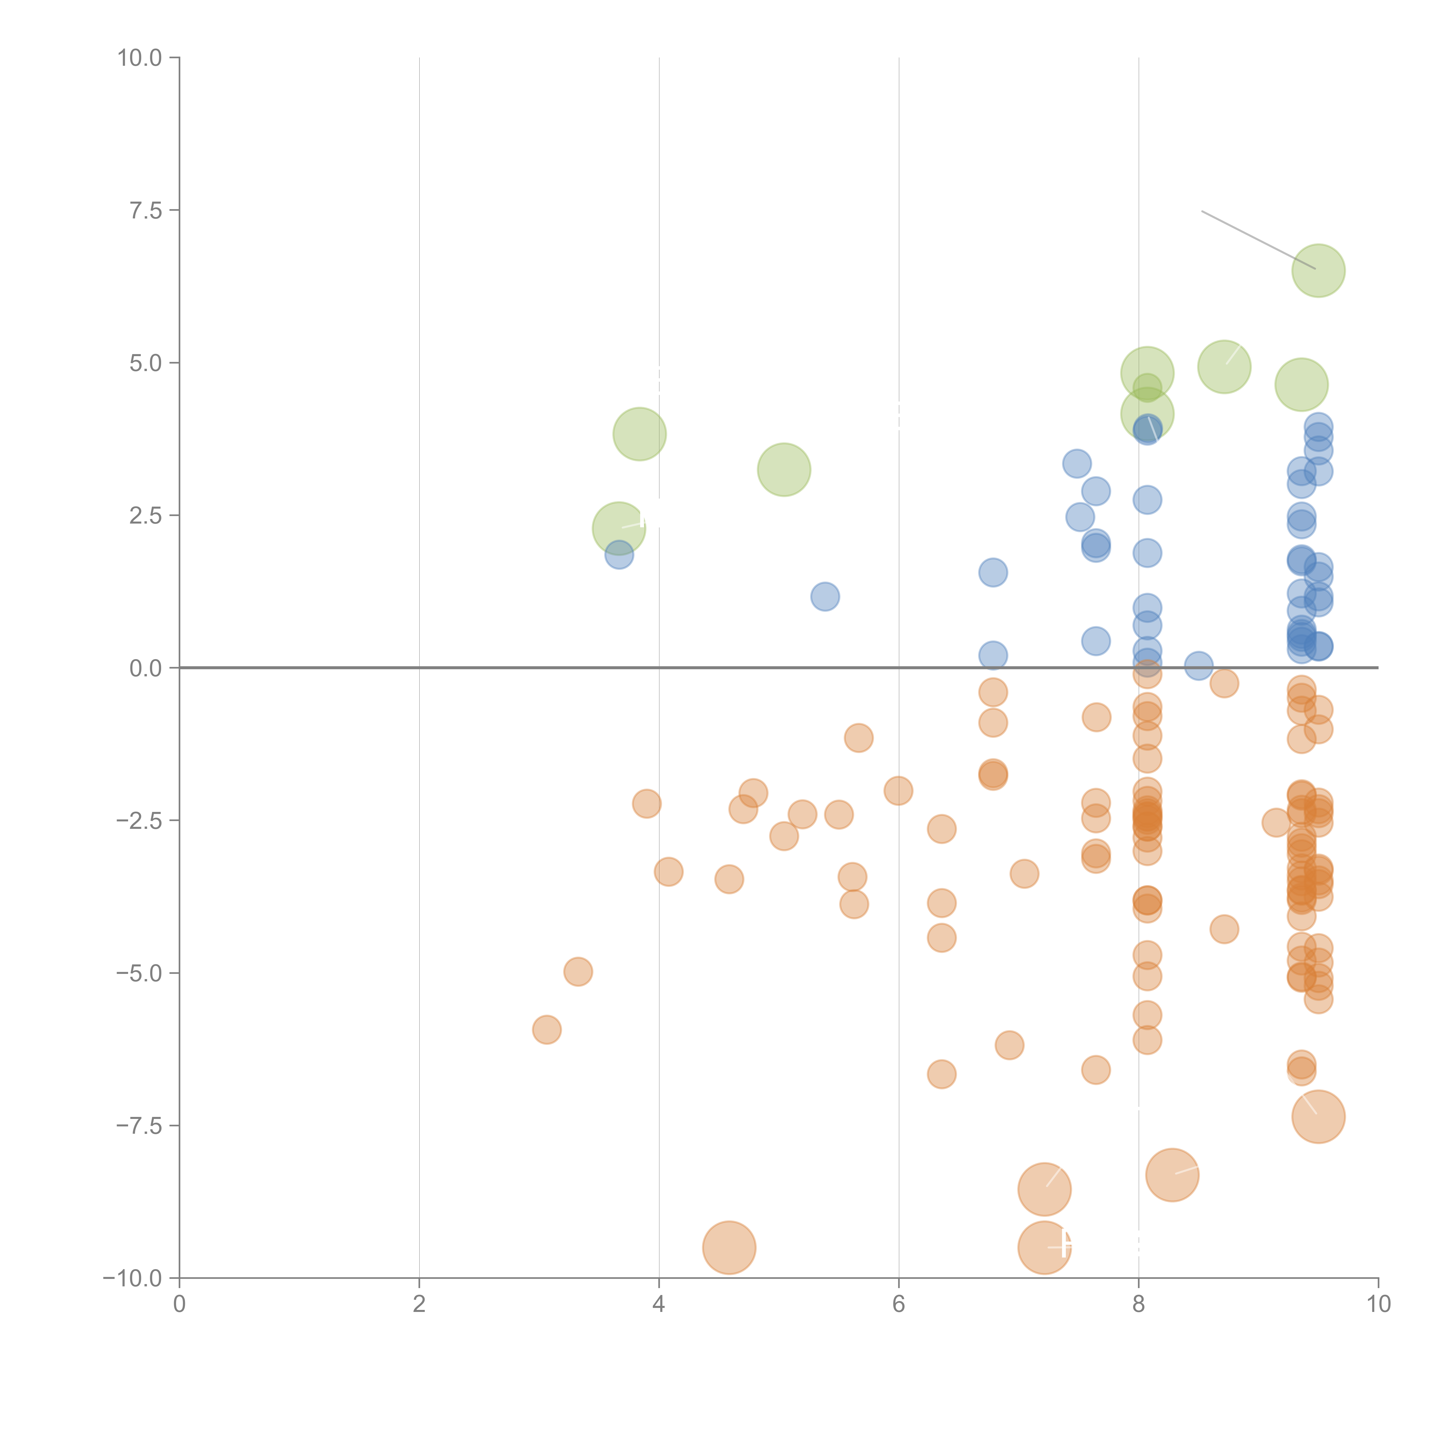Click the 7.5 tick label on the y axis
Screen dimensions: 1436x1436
pos(146,210)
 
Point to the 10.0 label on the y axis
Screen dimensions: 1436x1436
pos(140,58)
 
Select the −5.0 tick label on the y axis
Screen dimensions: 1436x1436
pos(140,973)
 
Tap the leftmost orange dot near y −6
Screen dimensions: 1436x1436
pos(546,1029)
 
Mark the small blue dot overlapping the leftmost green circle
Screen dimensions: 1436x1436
pos(618,555)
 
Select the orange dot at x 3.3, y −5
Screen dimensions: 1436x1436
pos(578,972)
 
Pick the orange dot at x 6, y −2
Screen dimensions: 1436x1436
pos(898,790)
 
